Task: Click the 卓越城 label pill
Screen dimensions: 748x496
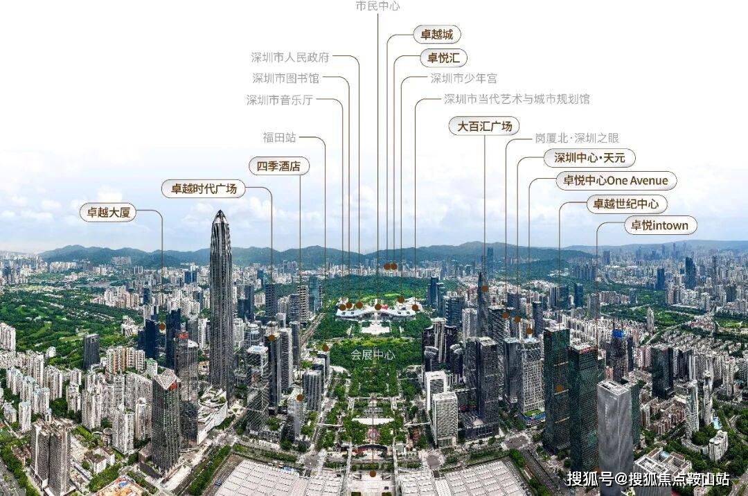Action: (x=436, y=35)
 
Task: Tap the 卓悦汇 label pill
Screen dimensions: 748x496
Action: (x=443, y=58)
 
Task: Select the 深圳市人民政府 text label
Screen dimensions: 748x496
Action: (x=290, y=57)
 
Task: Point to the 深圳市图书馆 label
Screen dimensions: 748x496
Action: (x=285, y=78)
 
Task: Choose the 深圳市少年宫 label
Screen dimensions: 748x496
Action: (x=463, y=78)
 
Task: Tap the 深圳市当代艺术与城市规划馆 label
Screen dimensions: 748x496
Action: (x=517, y=99)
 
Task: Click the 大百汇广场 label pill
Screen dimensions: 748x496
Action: (x=484, y=126)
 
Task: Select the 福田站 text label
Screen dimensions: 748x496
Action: (x=280, y=138)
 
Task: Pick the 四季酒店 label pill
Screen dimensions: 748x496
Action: (x=279, y=166)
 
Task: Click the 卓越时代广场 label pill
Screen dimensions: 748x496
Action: (x=204, y=189)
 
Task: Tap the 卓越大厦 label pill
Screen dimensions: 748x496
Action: (x=108, y=212)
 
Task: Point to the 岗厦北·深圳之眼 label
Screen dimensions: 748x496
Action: (x=577, y=139)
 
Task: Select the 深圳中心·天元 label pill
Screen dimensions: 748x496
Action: (x=589, y=158)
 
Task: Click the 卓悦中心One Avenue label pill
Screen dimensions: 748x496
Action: (x=616, y=181)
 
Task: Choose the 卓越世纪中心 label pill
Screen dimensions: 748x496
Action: (x=626, y=204)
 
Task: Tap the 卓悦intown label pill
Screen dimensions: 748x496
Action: (x=660, y=226)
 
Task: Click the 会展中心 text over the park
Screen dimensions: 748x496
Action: (x=373, y=355)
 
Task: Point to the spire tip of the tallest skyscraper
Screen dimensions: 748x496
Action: (x=220, y=211)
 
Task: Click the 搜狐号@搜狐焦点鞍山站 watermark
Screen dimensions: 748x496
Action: (x=648, y=479)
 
